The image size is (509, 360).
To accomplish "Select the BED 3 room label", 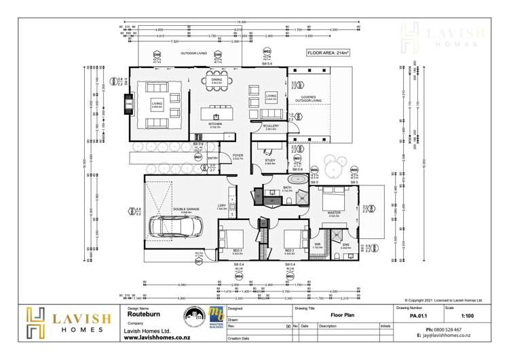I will click(x=237, y=249).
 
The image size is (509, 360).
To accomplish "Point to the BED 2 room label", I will click(x=290, y=249).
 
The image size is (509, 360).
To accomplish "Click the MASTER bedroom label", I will click(x=333, y=213).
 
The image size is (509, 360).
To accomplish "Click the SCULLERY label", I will click(x=271, y=126).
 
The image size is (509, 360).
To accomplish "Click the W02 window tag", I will click(x=267, y=52).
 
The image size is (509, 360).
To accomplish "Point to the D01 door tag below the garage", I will click(x=199, y=261).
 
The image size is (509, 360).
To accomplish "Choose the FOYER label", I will click(x=238, y=156).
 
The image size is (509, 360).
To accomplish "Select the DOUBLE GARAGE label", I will click(x=182, y=210).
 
